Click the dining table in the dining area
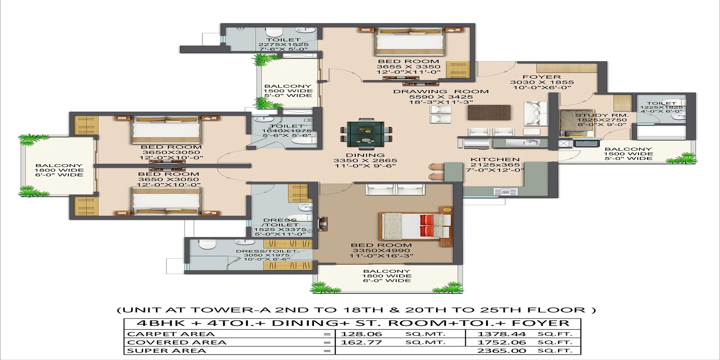point(366,134)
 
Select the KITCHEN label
point(495,159)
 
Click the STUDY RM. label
point(602,116)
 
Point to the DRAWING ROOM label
point(441,91)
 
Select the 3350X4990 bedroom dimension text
point(381,251)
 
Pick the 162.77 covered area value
point(361,342)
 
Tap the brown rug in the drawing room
point(489,112)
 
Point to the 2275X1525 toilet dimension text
point(283,45)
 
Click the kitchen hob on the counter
point(506,192)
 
